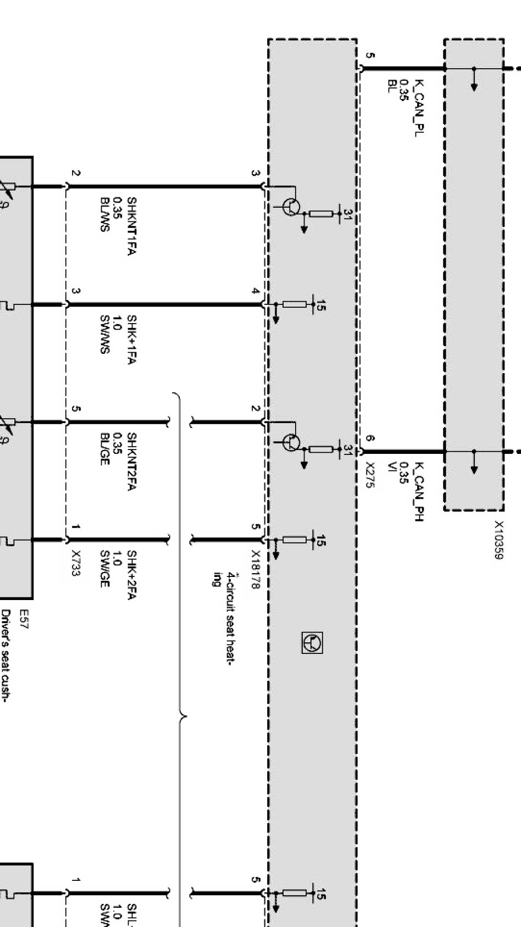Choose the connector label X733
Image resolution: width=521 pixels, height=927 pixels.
point(76,563)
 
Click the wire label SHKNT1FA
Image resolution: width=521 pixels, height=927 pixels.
point(131,226)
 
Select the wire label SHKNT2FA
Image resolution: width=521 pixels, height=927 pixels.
point(131,462)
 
